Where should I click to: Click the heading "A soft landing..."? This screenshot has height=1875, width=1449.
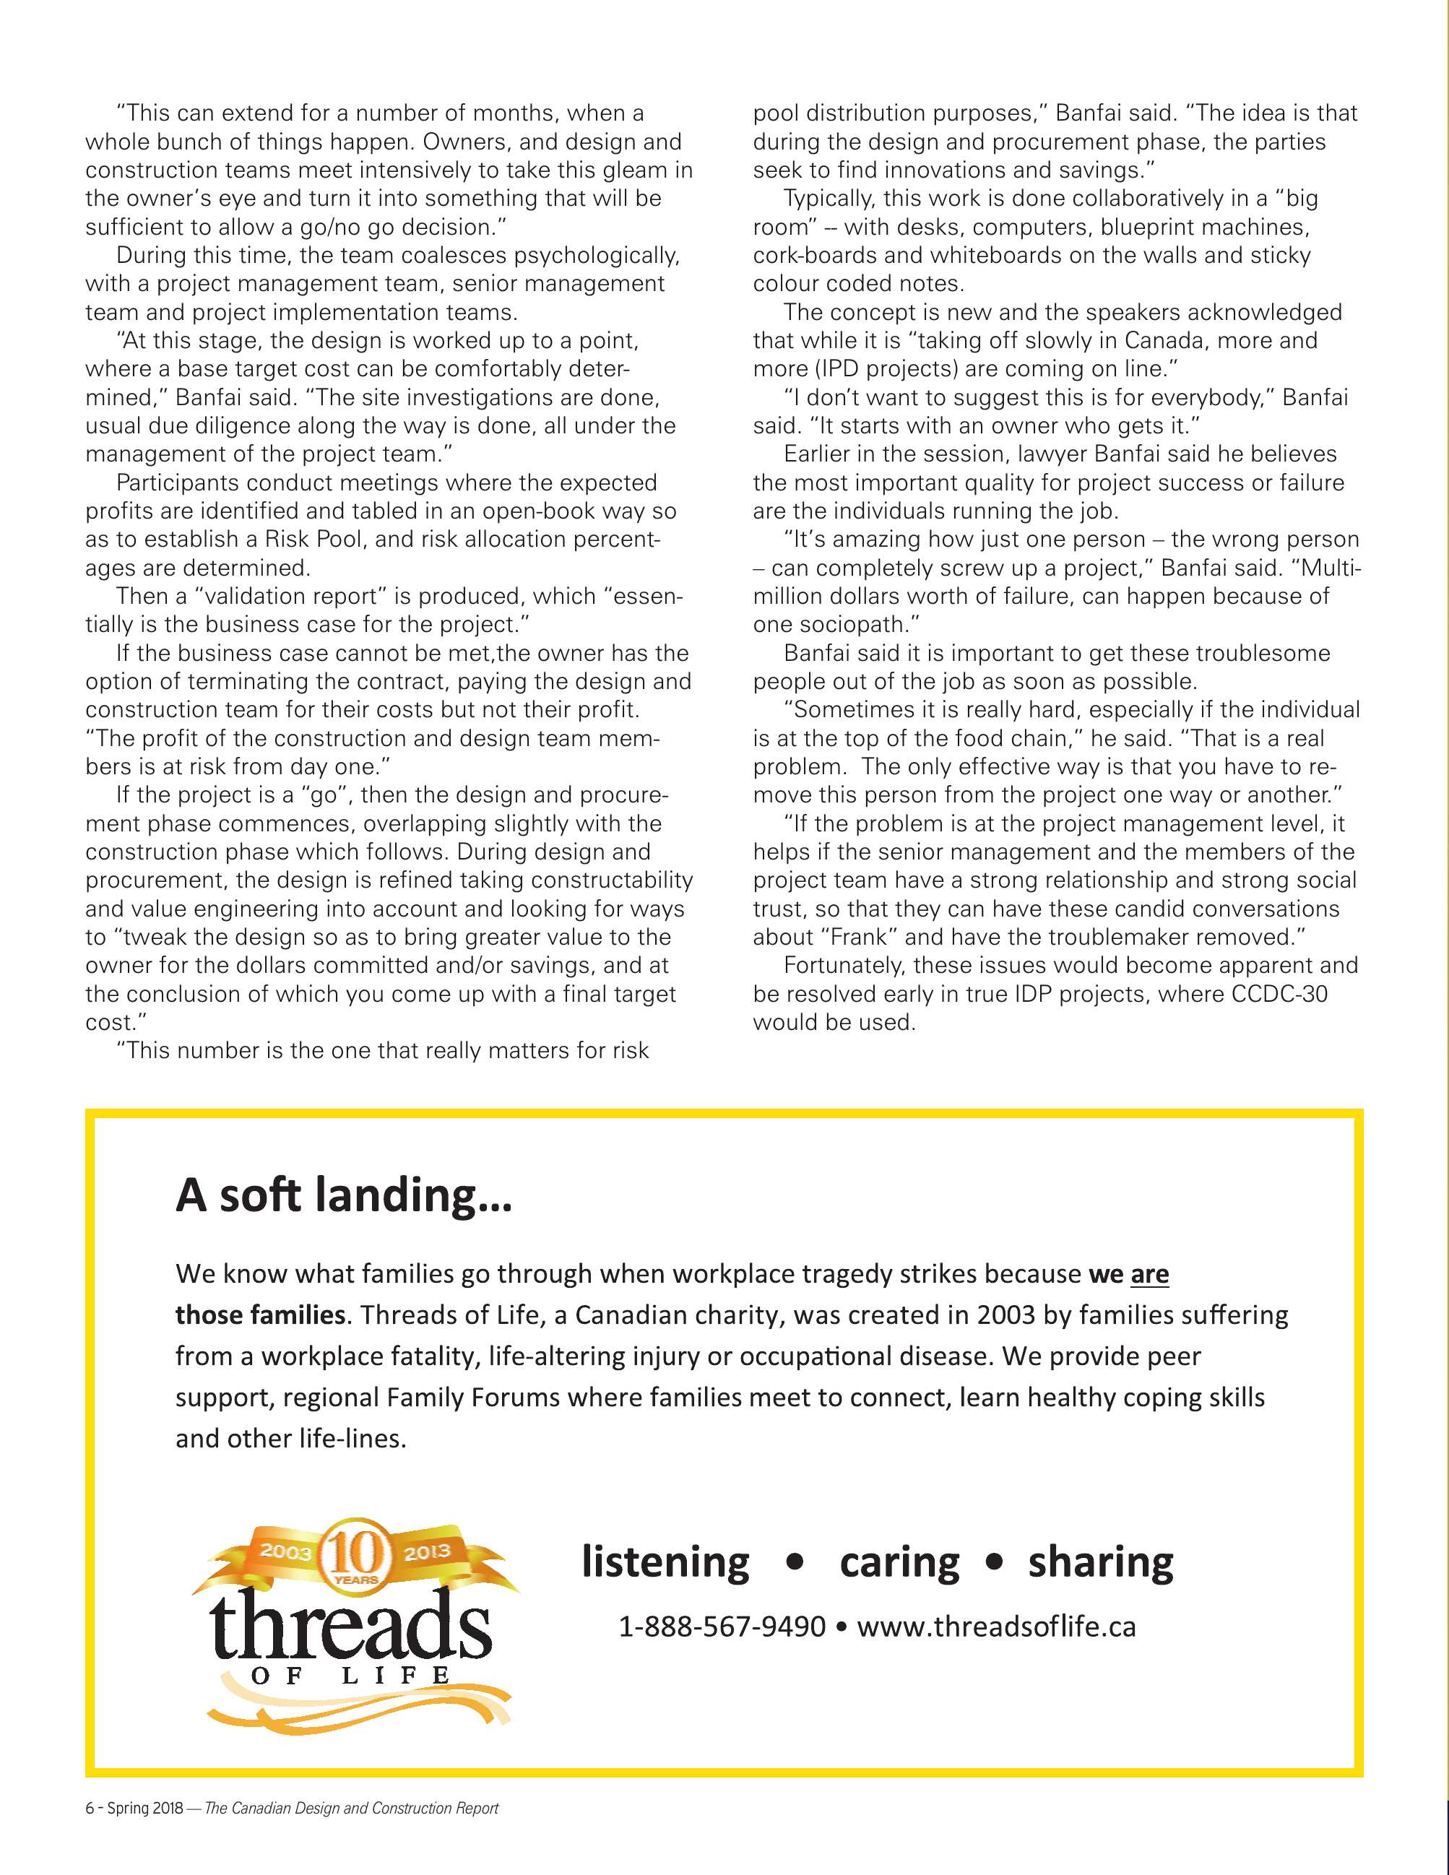(343, 1195)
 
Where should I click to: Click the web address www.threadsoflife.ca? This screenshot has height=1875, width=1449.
(996, 1627)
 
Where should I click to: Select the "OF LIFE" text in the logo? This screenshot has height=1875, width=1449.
(350, 1675)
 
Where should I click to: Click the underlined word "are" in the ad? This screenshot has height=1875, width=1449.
(1149, 1274)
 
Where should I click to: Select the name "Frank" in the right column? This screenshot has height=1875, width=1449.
(857, 937)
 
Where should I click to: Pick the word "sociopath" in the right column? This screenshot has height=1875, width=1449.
(850, 625)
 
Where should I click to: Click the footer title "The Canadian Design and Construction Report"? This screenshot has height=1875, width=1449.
(351, 1809)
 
